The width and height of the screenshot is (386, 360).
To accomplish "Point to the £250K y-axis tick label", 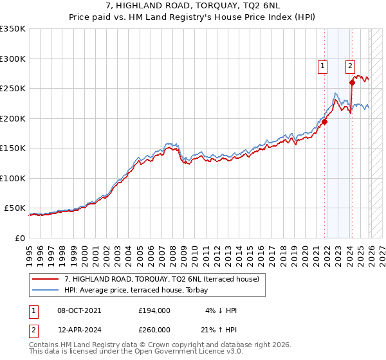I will click(13, 88).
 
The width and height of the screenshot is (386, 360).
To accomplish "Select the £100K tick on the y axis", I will click(13, 178).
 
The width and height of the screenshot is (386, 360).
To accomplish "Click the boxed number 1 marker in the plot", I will click(322, 65).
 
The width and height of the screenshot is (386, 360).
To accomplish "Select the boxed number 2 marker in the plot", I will click(350, 65).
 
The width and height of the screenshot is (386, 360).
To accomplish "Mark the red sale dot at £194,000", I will click(325, 122).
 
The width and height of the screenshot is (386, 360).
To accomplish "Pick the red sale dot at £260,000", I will click(352, 82).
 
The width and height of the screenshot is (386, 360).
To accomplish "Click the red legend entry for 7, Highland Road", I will click(161, 279).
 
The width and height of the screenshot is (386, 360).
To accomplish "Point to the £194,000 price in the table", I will click(154, 310).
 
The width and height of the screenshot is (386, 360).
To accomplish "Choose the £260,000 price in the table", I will click(154, 329).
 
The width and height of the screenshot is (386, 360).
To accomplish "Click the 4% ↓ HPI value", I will click(221, 310).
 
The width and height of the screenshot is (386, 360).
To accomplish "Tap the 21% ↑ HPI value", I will click(219, 329).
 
